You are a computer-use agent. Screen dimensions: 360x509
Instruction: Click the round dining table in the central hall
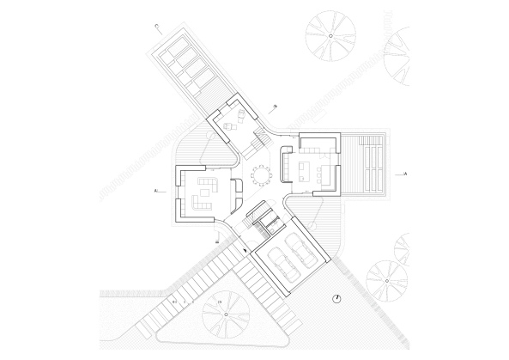[259, 176]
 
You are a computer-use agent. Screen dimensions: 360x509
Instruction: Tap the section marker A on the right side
[403, 174]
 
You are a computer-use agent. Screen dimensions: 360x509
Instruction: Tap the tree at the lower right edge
[385, 280]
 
